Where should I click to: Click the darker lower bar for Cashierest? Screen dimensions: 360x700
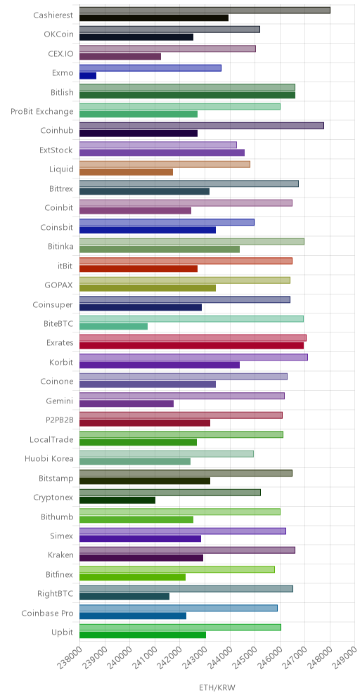(154, 18)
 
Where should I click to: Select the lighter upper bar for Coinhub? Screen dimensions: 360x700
(201, 125)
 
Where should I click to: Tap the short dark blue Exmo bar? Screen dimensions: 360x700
(88, 76)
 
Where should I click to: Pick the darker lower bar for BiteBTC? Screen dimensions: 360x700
(113, 326)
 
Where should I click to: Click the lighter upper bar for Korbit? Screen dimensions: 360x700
(193, 357)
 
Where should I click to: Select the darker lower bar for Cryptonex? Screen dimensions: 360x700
(117, 500)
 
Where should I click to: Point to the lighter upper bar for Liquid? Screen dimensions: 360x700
(165, 164)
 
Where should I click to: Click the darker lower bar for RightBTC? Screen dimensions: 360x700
(124, 597)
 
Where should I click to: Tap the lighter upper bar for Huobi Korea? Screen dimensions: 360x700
(167, 454)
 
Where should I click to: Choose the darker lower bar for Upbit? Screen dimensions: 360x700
(143, 635)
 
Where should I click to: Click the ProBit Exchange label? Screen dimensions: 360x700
(42, 111)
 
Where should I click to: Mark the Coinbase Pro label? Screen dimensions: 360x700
(47, 613)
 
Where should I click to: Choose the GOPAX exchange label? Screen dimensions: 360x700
(59, 285)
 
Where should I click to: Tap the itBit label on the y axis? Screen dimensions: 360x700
(64, 265)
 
